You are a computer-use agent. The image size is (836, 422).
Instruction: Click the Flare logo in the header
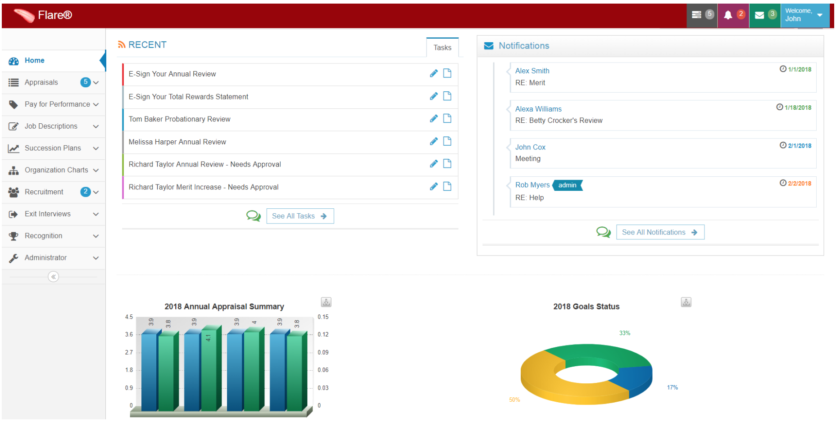[43, 15]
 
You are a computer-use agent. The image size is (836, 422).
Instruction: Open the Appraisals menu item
[41, 82]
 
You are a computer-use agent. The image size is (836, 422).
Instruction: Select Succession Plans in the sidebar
[53, 148]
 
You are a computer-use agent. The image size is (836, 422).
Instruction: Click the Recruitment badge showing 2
[85, 192]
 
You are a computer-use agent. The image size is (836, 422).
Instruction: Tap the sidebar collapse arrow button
[54, 277]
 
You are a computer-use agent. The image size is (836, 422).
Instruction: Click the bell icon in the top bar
[727, 15]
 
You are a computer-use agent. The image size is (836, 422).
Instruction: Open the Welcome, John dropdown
[804, 15]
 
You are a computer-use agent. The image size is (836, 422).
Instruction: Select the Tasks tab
[442, 48]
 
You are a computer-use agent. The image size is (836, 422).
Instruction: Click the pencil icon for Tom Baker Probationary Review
[434, 119]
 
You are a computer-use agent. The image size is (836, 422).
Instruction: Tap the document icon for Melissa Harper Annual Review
[447, 141]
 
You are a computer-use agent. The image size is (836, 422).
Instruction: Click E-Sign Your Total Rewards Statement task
[188, 97]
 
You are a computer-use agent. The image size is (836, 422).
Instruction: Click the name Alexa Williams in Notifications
[538, 109]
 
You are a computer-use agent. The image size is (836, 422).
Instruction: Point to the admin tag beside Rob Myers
[567, 185]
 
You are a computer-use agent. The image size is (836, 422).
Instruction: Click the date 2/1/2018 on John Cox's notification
[799, 146]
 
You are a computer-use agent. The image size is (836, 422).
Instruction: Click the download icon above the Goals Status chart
[686, 302]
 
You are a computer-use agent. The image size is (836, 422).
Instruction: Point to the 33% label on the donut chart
[625, 333]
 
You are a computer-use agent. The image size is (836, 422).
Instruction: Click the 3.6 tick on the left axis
[129, 335]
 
